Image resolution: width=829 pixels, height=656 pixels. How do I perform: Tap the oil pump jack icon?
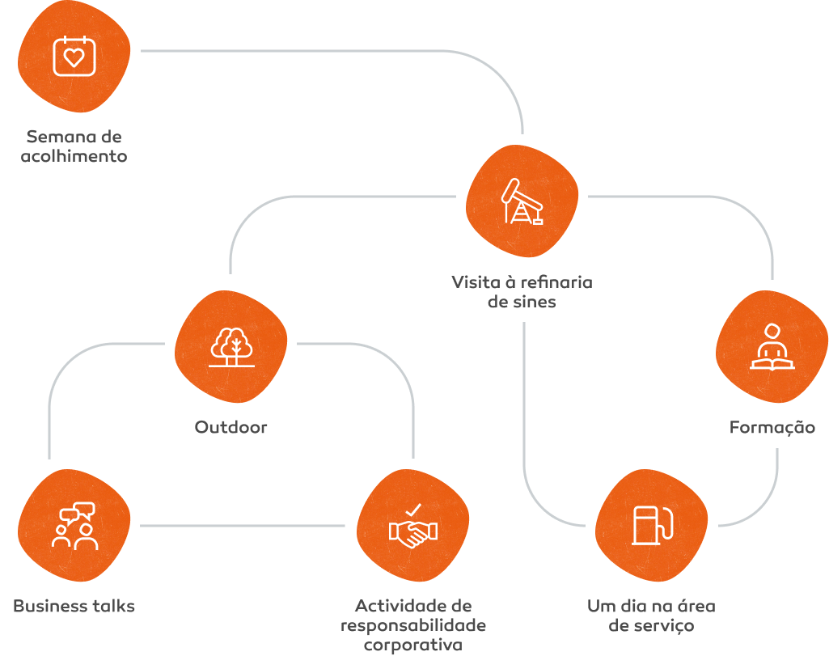[x=522, y=201]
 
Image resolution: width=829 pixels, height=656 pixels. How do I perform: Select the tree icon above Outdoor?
[x=231, y=346]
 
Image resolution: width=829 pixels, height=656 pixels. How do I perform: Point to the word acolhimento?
[x=74, y=156]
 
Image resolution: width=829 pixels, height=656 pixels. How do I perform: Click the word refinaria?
[x=556, y=282]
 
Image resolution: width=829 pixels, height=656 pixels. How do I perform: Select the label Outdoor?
[x=231, y=426]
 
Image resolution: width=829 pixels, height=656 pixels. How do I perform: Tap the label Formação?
[x=772, y=427]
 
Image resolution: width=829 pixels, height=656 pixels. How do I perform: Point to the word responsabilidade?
[x=412, y=625]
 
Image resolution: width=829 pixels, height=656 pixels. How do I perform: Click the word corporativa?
[x=412, y=645]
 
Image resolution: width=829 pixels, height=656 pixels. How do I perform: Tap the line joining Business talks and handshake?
[x=243, y=526]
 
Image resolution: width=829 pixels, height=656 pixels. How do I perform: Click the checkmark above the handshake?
[x=413, y=510]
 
